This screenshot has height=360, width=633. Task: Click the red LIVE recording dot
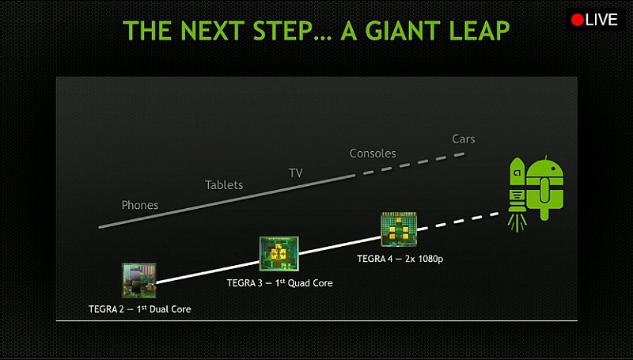pyautogui.click(x=577, y=21)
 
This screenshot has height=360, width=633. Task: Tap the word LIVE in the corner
pyautogui.click(x=601, y=21)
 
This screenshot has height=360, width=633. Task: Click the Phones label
pyautogui.click(x=140, y=205)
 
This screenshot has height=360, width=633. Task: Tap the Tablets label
pyautogui.click(x=224, y=185)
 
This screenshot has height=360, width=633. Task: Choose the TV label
pyautogui.click(x=295, y=173)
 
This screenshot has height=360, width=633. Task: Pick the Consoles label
pyautogui.click(x=373, y=153)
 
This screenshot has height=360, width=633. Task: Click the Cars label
pyautogui.click(x=464, y=139)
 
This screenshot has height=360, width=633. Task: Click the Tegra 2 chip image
pyautogui.click(x=139, y=280)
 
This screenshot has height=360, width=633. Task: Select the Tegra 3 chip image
pyautogui.click(x=279, y=253)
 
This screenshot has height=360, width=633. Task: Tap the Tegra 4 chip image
pyautogui.click(x=399, y=229)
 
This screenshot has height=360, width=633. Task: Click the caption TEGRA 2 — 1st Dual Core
pyautogui.click(x=140, y=309)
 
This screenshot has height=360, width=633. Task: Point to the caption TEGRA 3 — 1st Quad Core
pyautogui.click(x=280, y=283)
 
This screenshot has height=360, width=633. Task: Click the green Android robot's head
pyautogui.click(x=545, y=169)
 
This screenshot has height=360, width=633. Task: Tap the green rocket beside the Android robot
pyautogui.click(x=517, y=184)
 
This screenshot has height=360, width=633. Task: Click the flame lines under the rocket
pyautogui.click(x=517, y=223)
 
